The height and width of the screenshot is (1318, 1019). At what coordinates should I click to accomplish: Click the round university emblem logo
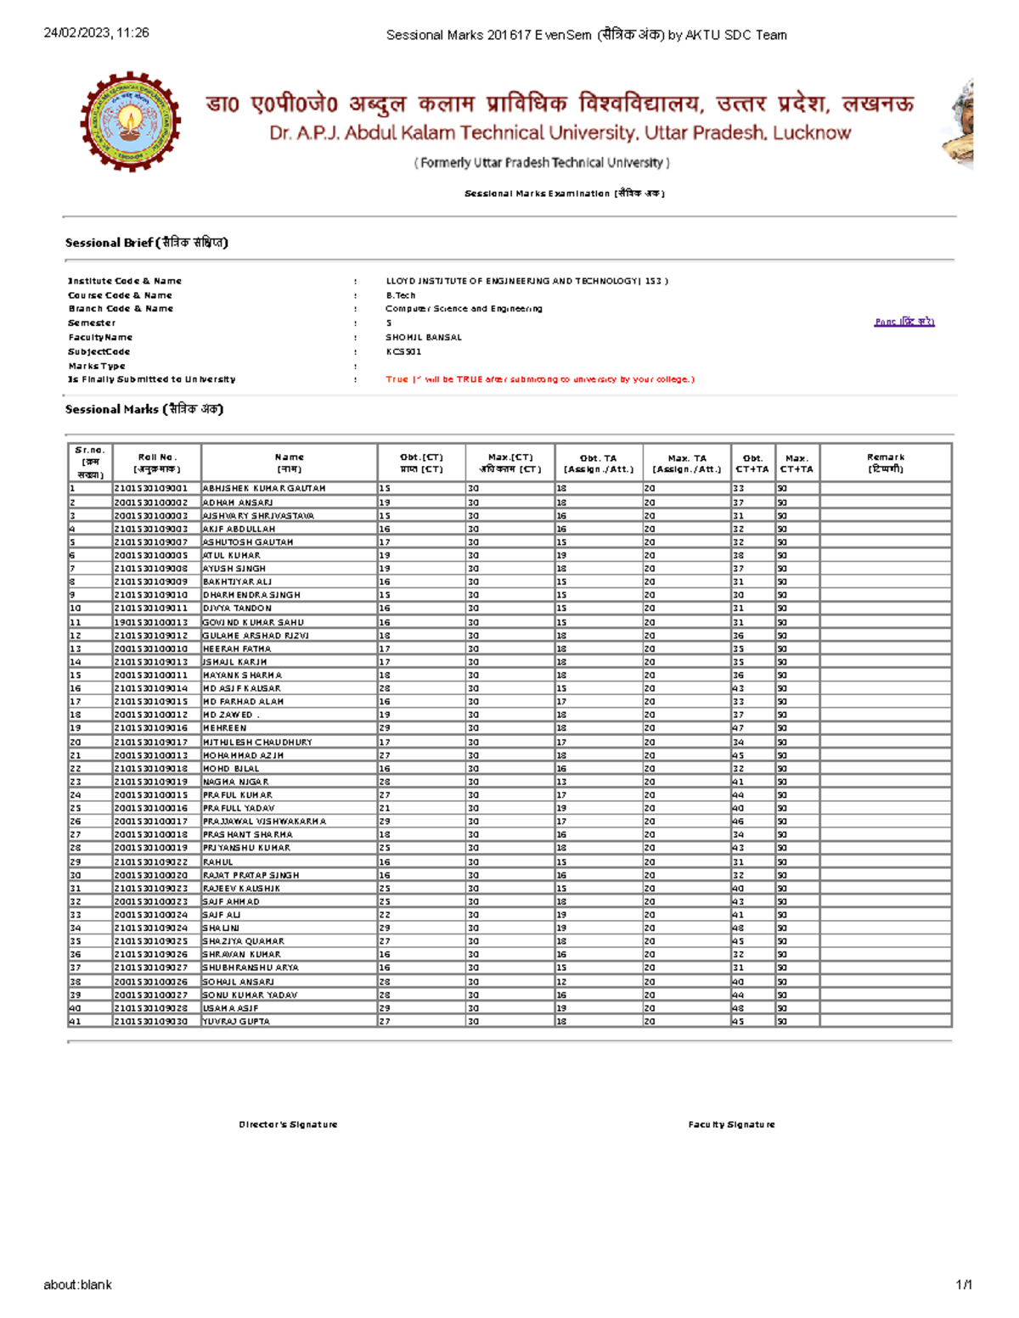[130, 121]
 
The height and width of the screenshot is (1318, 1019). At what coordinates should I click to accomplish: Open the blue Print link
[904, 322]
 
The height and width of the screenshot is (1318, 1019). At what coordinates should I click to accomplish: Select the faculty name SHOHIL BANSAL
[424, 337]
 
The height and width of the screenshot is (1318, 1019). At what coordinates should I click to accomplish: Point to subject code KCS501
[403, 351]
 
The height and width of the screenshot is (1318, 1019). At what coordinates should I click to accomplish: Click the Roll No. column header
[156, 463]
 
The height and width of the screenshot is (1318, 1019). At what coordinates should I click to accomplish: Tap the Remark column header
[885, 463]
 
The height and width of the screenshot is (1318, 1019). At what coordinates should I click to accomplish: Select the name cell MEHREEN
[225, 728]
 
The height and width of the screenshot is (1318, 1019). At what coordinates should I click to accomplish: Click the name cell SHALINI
[221, 928]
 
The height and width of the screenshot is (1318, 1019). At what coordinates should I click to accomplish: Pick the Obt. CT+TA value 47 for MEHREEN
[739, 728]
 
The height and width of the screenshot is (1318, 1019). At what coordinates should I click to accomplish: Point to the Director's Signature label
[288, 1125]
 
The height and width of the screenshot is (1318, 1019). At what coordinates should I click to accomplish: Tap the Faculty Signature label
[731, 1125]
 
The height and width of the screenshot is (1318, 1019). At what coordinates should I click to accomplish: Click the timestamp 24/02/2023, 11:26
[96, 33]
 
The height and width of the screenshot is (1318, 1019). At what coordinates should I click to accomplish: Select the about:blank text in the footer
[77, 1285]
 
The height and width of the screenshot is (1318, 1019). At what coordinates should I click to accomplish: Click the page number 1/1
[964, 1285]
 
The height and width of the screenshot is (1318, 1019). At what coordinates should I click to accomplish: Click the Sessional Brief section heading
[146, 243]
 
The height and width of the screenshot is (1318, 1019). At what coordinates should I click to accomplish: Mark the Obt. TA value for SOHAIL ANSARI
[561, 981]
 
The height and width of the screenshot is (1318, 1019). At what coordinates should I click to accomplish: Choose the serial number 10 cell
[76, 609]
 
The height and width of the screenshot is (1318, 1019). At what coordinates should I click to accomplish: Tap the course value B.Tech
[400, 295]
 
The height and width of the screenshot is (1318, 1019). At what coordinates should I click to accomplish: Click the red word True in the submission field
[397, 379]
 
